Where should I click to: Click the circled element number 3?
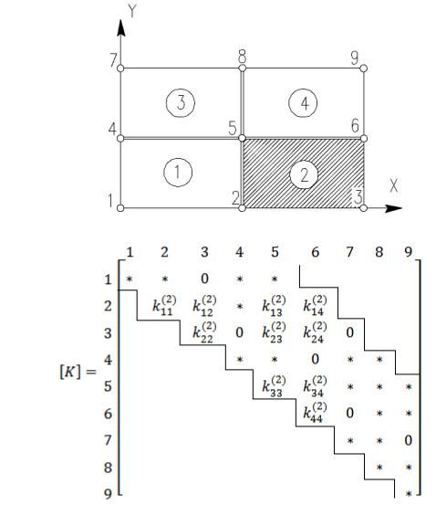[x=181, y=103]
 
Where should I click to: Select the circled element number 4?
[x=303, y=103]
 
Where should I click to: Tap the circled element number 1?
[x=178, y=173]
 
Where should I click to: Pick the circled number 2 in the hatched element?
[x=304, y=175]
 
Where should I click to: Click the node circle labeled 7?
[x=120, y=68]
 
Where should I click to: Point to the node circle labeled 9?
[x=364, y=68]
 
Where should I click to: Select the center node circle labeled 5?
[x=243, y=139]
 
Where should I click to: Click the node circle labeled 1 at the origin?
[x=120, y=208]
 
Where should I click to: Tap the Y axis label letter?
[x=132, y=11]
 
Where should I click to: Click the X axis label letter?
[x=394, y=185]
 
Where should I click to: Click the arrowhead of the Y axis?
[x=121, y=27]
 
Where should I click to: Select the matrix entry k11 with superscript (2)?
[x=164, y=305]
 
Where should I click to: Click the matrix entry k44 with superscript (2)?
[x=315, y=412]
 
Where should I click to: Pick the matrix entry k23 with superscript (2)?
[x=274, y=332]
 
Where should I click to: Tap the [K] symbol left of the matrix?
[x=70, y=372]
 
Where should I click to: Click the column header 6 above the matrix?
[x=315, y=252]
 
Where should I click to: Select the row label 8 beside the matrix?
[x=109, y=468]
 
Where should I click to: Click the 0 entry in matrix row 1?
[x=204, y=279]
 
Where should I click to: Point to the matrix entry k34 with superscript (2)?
[x=315, y=385]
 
